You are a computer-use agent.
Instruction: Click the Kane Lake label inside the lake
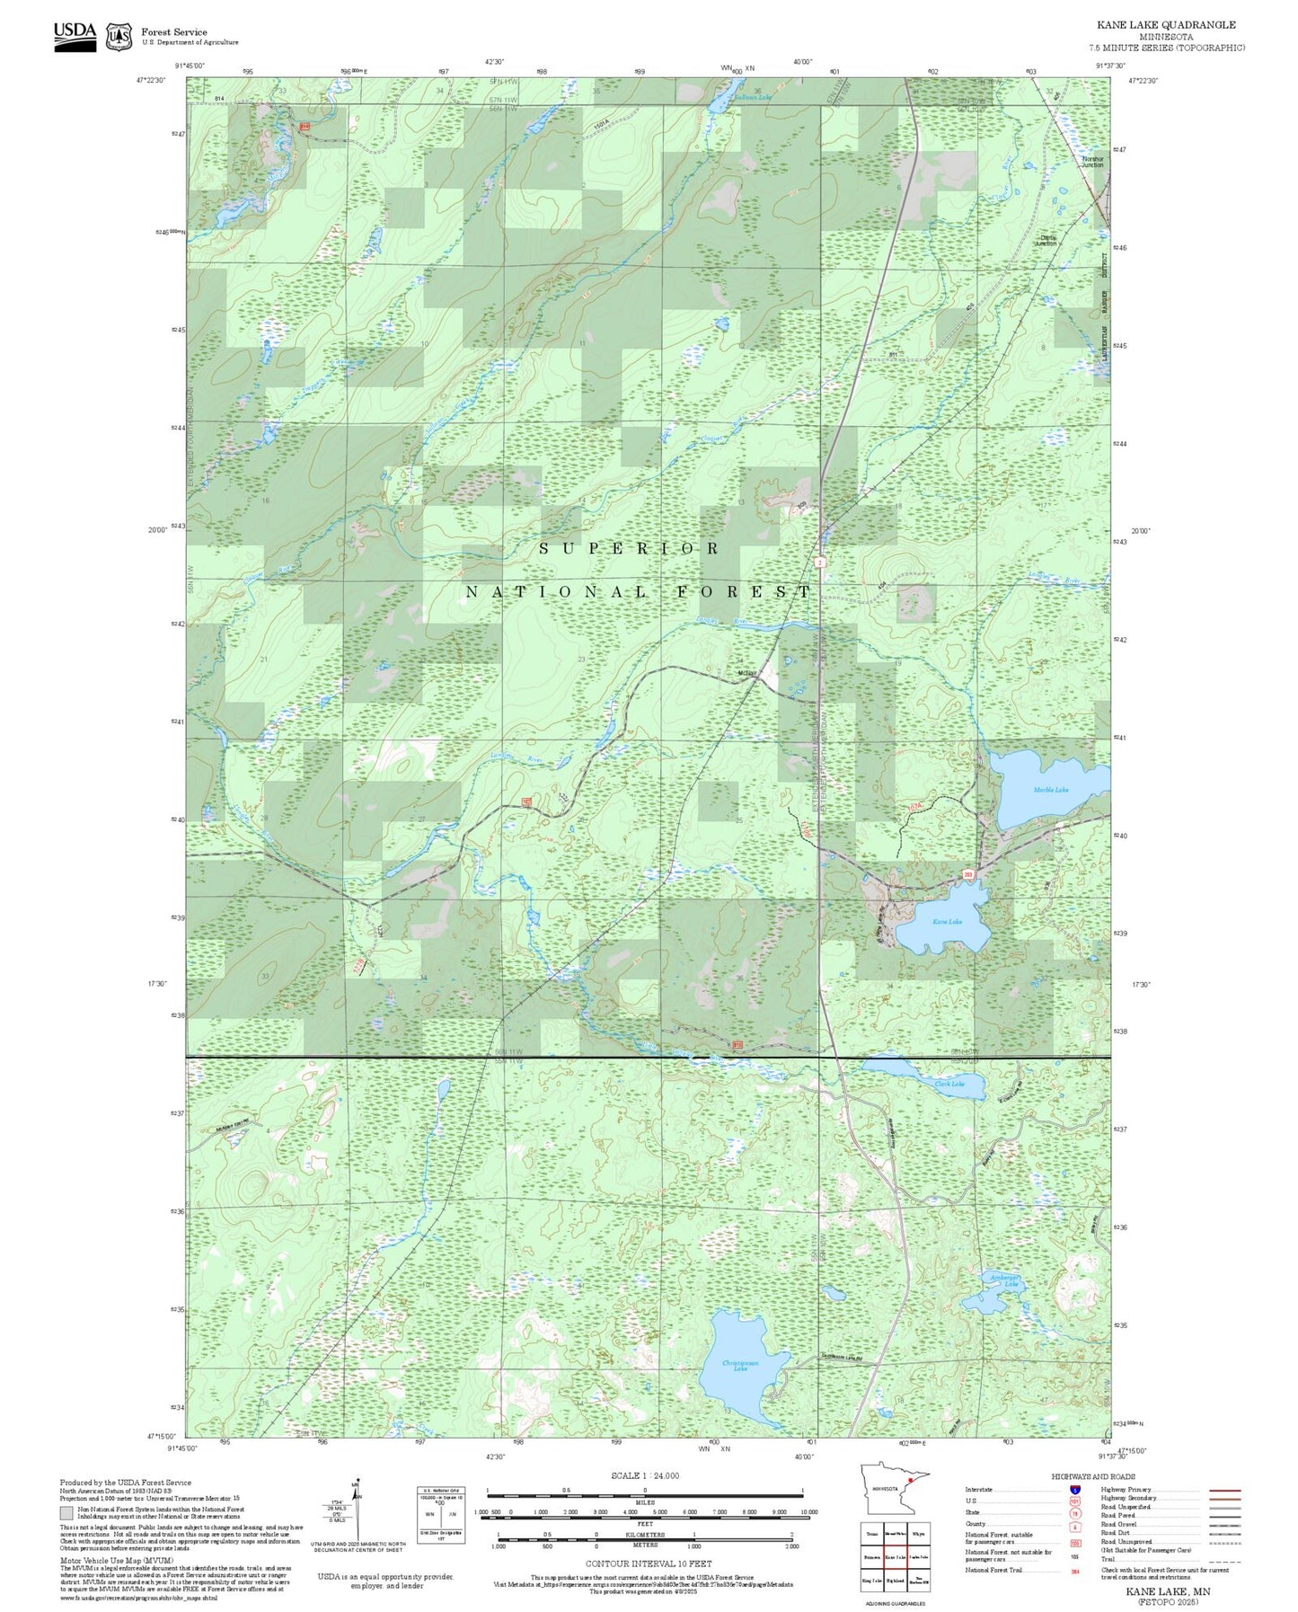click(947, 922)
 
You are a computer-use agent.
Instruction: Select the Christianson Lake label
click(740, 1366)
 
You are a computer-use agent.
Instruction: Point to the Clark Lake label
click(949, 1084)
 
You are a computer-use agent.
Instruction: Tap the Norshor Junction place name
click(1092, 162)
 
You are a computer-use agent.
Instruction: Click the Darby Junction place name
click(1046, 241)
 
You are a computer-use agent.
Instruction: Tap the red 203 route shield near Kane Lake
click(968, 873)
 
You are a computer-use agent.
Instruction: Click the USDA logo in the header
click(75, 35)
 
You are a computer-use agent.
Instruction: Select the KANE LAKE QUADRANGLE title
click(1166, 25)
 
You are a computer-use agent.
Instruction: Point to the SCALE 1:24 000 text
click(644, 1475)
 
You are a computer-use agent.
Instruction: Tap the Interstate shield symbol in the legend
click(1074, 1490)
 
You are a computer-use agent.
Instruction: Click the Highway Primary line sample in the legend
click(1224, 1490)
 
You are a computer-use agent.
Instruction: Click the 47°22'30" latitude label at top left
click(151, 80)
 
